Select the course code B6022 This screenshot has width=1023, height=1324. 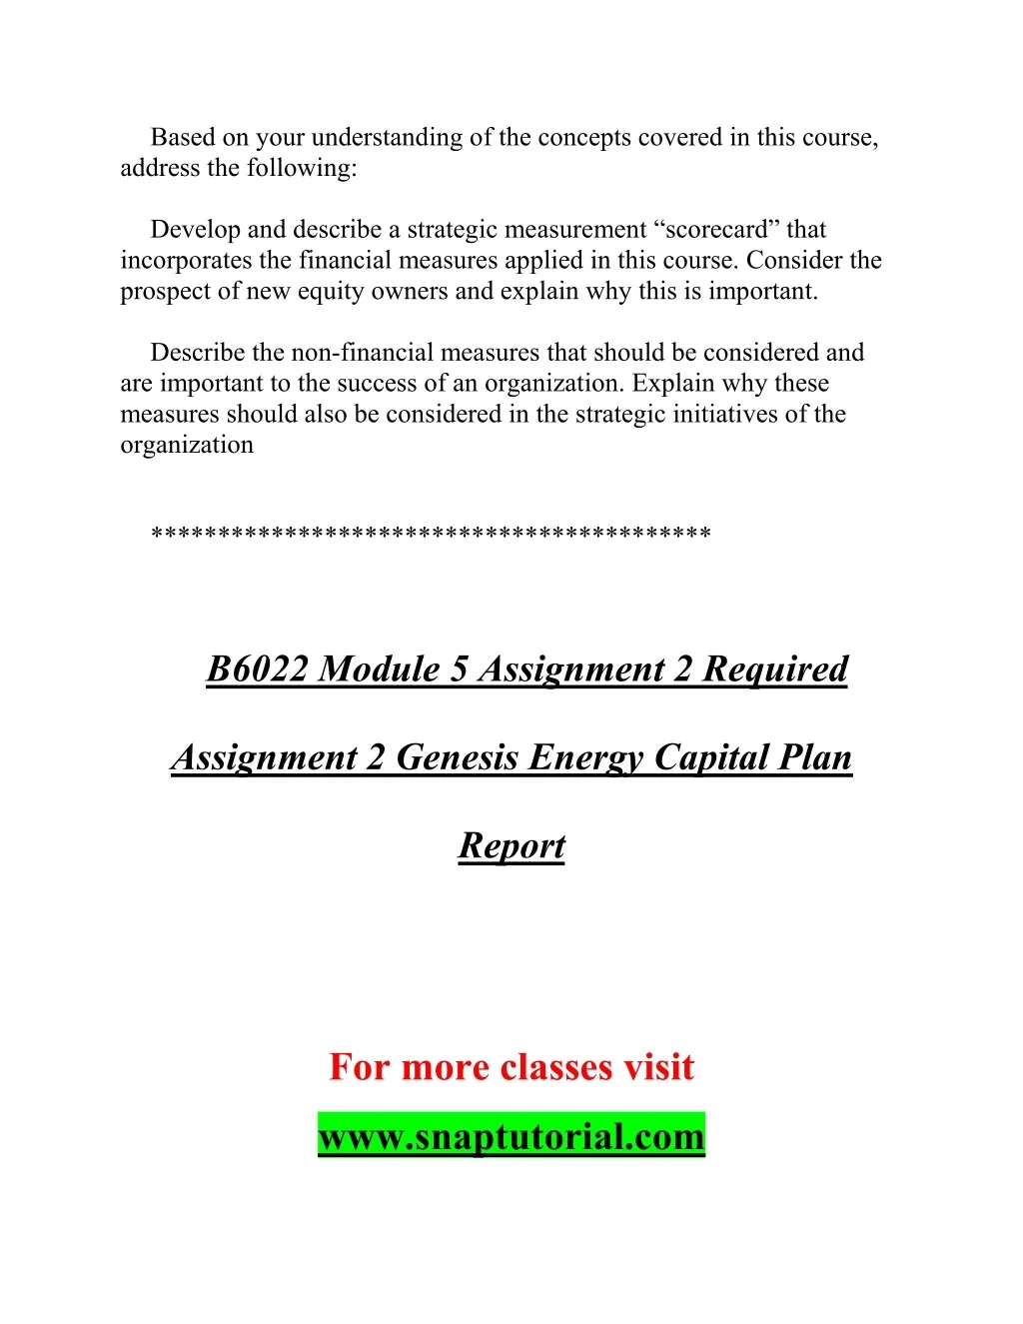coord(257,668)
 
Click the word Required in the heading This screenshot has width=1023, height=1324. coord(775,668)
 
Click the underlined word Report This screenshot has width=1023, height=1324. coord(511,846)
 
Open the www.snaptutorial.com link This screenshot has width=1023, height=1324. coord(511,1136)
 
